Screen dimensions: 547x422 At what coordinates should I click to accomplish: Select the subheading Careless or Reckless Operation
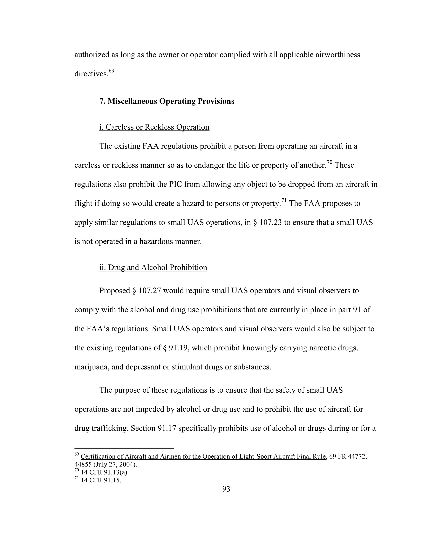(154, 127)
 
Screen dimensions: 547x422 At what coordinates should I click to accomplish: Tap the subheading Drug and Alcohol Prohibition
(153, 268)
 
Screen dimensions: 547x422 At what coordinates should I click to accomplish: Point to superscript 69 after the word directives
(111, 71)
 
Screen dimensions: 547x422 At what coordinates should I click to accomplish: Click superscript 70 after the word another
(329, 162)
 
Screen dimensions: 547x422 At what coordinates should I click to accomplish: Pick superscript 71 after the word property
(284, 200)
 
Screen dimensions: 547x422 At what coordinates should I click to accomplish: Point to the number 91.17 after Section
(167, 428)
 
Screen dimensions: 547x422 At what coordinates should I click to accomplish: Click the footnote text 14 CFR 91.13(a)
(105, 472)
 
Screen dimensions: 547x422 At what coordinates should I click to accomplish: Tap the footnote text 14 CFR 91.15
(101, 480)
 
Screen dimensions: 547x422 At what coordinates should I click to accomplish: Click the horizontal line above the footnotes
(124, 448)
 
